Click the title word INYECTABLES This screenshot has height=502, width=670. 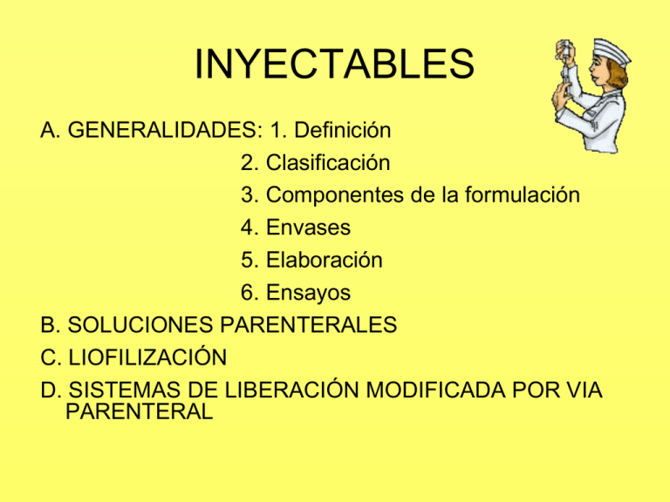click(334, 65)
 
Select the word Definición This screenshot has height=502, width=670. click(340, 132)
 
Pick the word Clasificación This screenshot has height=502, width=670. click(328, 163)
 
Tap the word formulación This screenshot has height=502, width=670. click(523, 195)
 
